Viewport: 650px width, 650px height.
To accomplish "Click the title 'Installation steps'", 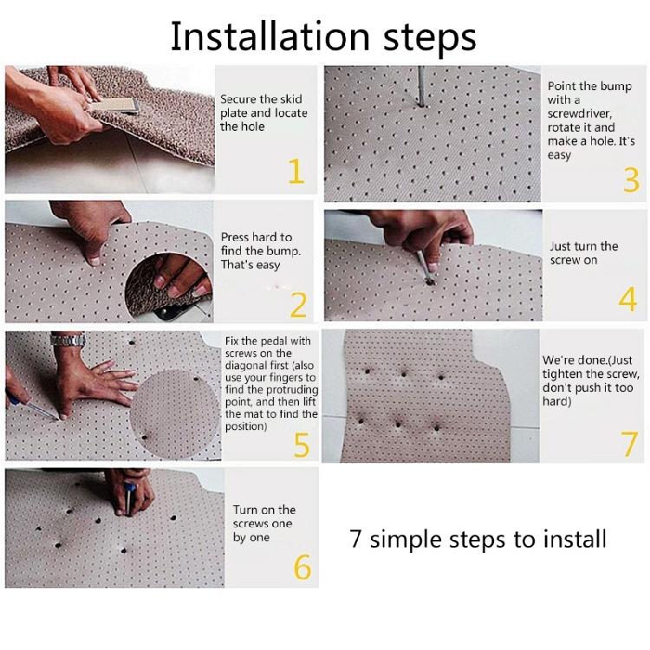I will tap(322, 36).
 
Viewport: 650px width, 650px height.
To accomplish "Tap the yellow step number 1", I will tap(296, 171).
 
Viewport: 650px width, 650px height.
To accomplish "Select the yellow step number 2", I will tap(298, 305).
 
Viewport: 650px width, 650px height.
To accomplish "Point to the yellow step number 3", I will tap(631, 180).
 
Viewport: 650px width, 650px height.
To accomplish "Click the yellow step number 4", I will tap(628, 298).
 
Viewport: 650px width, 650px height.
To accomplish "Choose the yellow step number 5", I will tap(301, 445).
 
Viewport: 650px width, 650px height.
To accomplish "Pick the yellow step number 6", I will tap(302, 567).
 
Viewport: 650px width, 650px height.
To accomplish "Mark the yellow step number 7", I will tap(630, 443).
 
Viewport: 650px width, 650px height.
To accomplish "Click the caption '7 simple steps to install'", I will tap(478, 539).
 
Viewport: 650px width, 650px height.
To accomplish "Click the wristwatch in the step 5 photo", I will tap(68, 340).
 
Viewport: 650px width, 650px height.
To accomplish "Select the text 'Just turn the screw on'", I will tap(584, 253).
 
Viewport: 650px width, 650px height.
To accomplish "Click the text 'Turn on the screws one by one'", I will tap(263, 523).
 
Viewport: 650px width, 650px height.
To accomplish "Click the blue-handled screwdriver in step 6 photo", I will tap(129, 497).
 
